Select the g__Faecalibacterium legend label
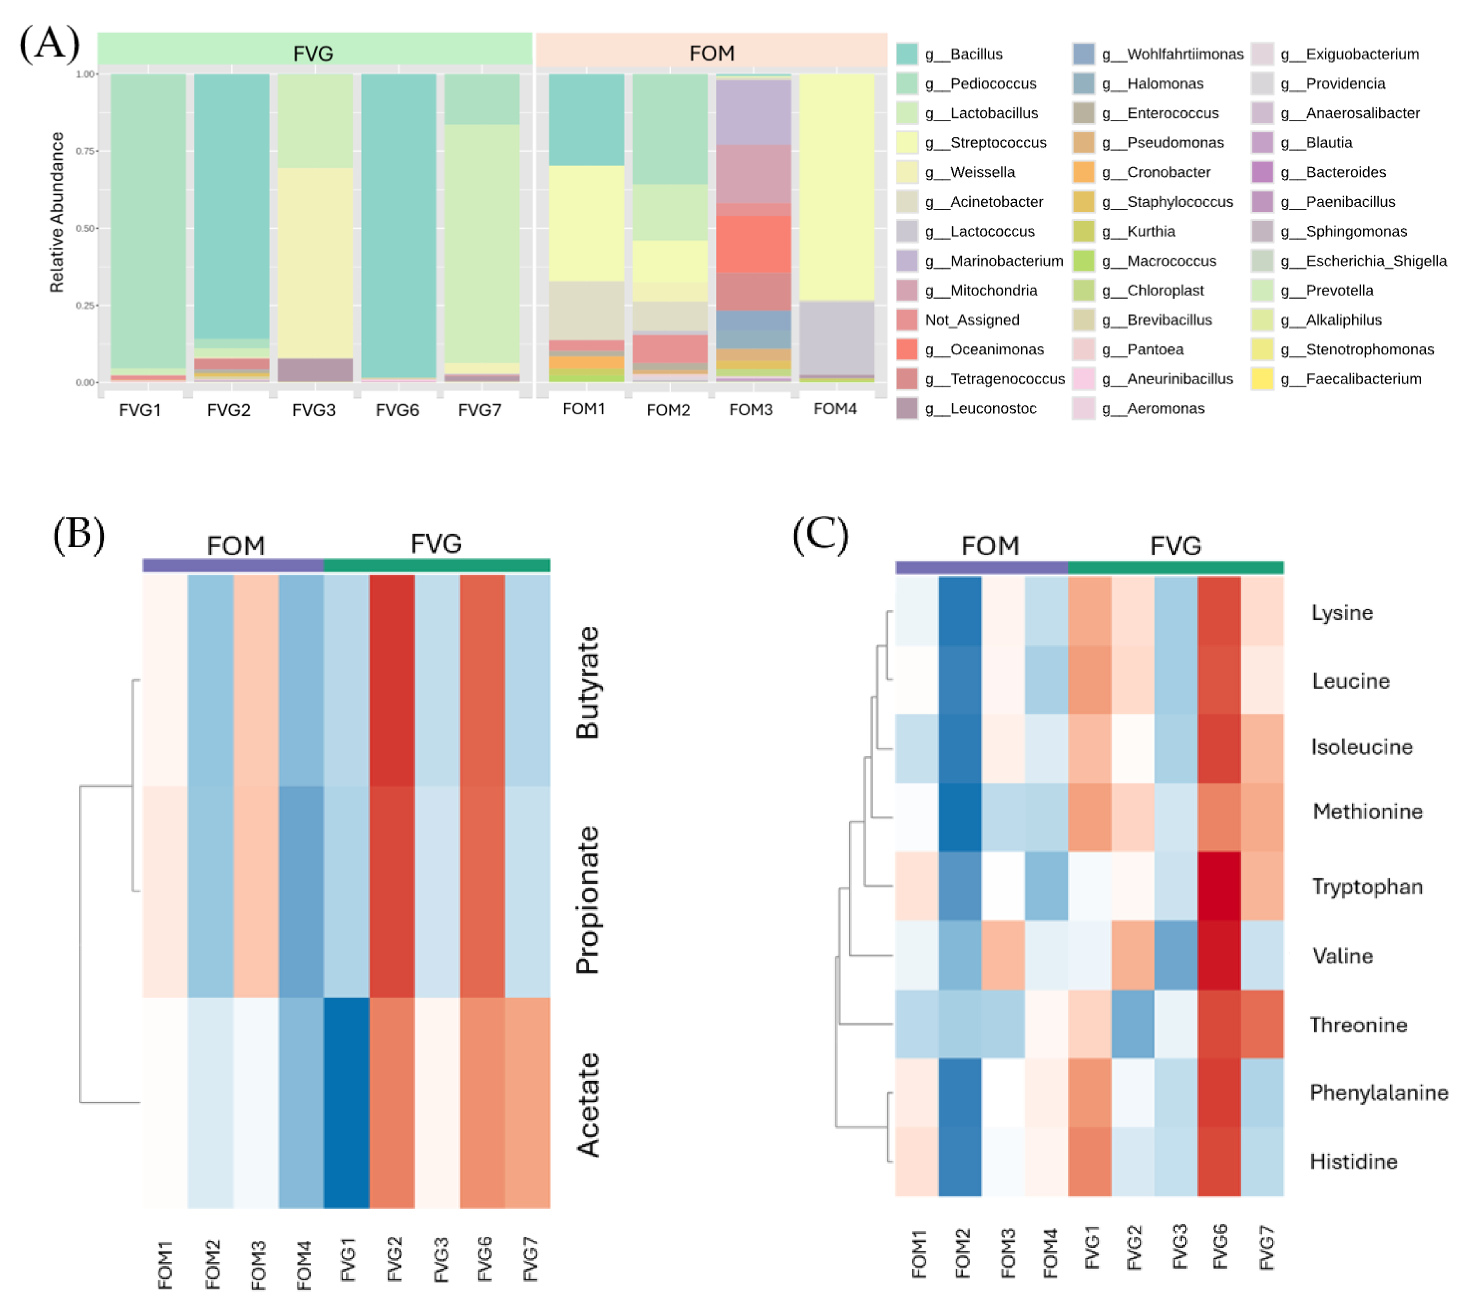(x=1363, y=379)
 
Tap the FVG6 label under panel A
(x=397, y=410)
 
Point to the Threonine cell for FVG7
(x=1262, y=1024)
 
